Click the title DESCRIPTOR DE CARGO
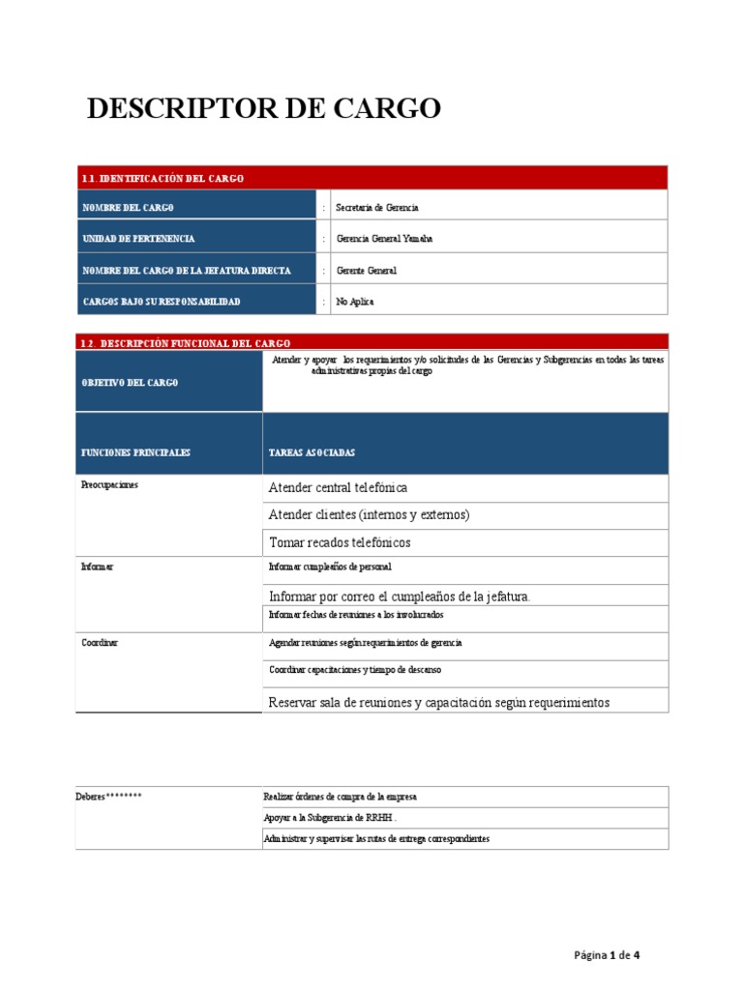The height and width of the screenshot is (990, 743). (263, 109)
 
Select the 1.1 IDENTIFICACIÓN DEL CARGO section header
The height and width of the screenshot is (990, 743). (163, 178)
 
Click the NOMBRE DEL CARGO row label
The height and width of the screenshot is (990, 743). (128, 208)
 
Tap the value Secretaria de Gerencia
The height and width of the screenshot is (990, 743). (376, 208)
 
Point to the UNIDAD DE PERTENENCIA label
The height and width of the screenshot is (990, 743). (137, 239)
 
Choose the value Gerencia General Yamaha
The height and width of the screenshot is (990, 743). (384, 239)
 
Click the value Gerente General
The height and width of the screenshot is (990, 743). (366, 271)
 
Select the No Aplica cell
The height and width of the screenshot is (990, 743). (355, 302)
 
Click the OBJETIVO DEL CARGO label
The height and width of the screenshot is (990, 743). (129, 383)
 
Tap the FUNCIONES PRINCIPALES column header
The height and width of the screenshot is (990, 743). (135, 452)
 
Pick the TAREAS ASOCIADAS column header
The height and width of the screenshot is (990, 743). (312, 452)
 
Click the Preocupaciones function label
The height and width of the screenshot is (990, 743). (109, 485)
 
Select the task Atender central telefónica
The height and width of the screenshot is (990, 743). (338, 488)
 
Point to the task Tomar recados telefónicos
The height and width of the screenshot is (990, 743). (340, 542)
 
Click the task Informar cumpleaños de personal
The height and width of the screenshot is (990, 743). (330, 567)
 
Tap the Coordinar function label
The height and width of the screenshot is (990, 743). (101, 643)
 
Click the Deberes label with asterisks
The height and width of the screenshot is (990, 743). (108, 797)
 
